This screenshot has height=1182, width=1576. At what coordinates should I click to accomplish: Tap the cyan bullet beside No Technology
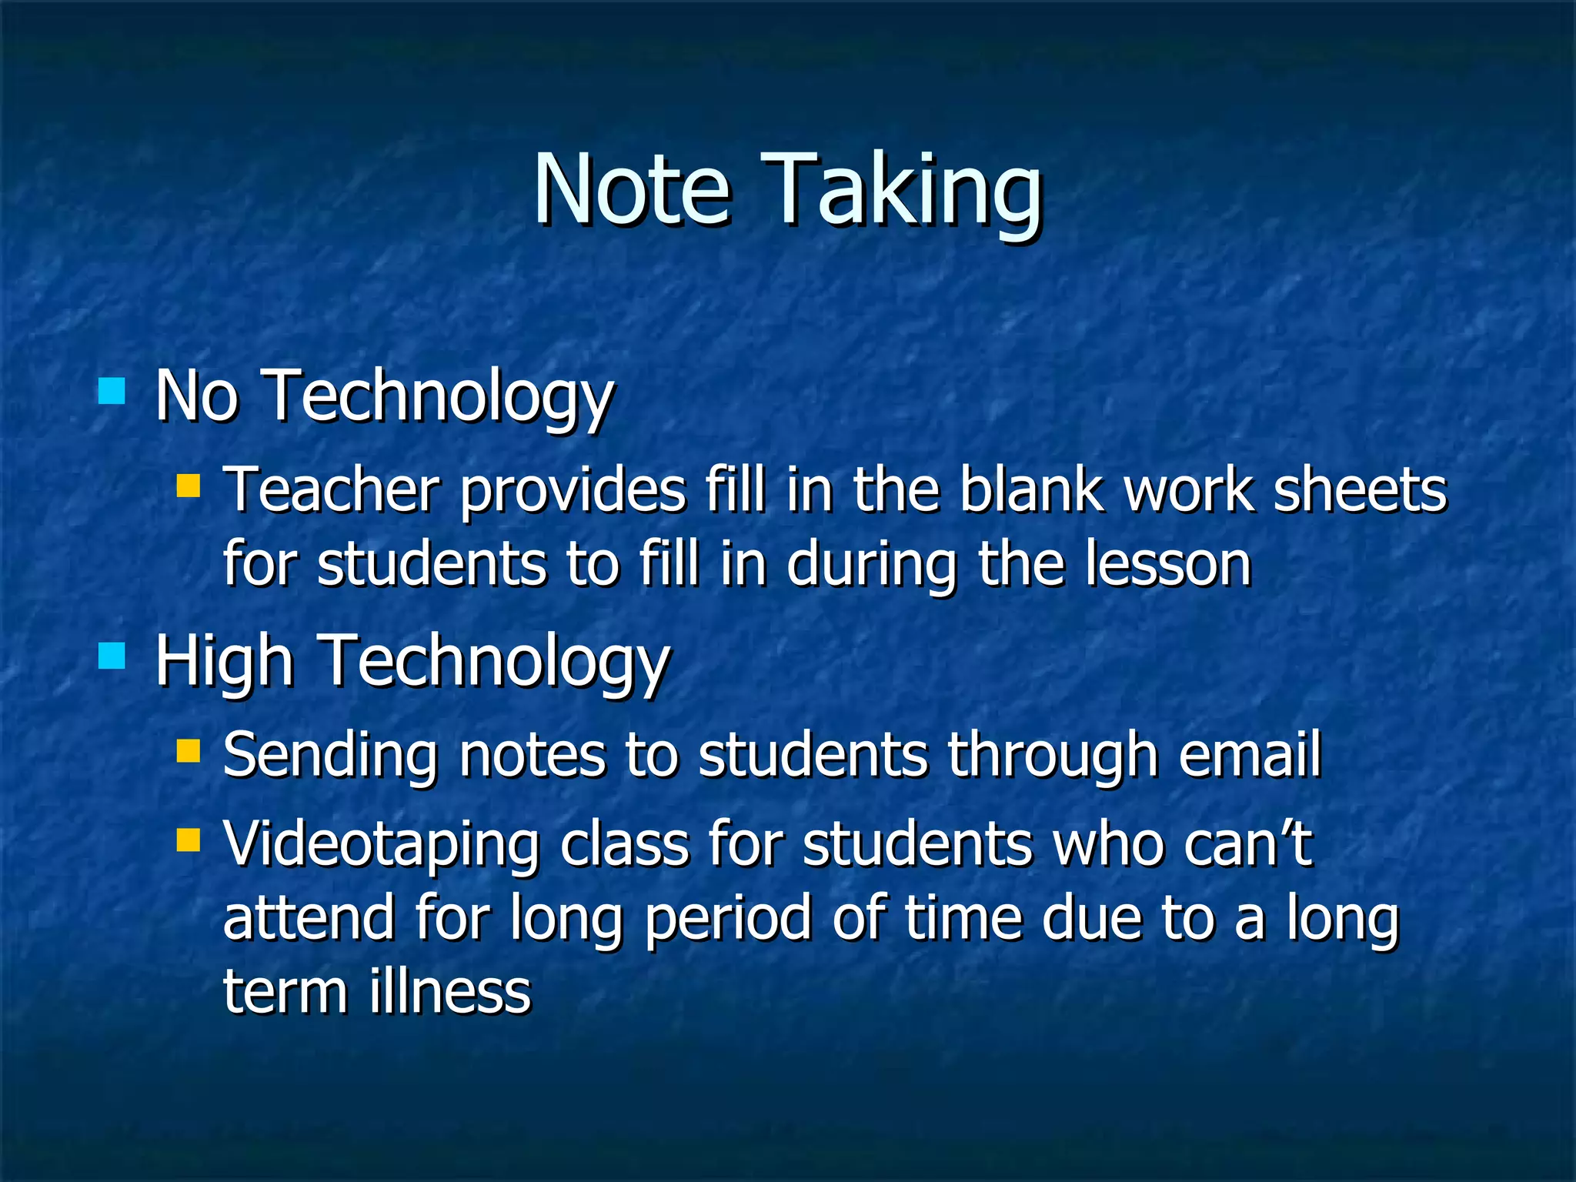click(112, 391)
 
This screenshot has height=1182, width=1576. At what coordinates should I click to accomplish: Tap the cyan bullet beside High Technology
click(112, 656)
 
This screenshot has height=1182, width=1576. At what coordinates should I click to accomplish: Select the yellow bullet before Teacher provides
click(188, 486)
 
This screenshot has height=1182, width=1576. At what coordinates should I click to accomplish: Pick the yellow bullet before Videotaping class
click(188, 840)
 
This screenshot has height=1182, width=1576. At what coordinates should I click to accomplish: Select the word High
click(224, 662)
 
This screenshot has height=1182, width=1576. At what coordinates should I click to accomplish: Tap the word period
click(728, 920)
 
